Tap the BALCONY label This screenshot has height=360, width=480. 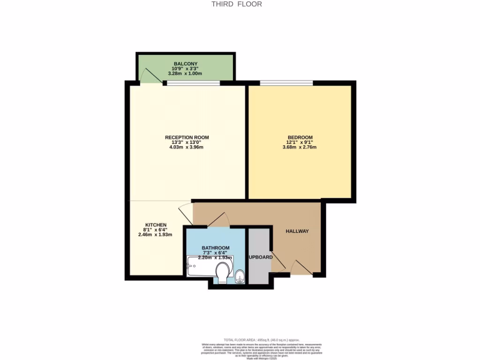[186, 64]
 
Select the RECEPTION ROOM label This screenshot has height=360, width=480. [187, 137]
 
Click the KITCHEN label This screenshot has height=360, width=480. [156, 225]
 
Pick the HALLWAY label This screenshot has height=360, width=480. [297, 231]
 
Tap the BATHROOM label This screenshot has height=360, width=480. [216, 248]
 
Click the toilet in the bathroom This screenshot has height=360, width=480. [223, 270]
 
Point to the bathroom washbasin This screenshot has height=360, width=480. [240, 276]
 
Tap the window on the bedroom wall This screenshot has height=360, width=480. [286, 83]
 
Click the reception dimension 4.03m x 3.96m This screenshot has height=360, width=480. [187, 147]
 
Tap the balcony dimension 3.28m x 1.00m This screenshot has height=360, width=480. [186, 74]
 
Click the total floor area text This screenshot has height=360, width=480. [261, 340]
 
